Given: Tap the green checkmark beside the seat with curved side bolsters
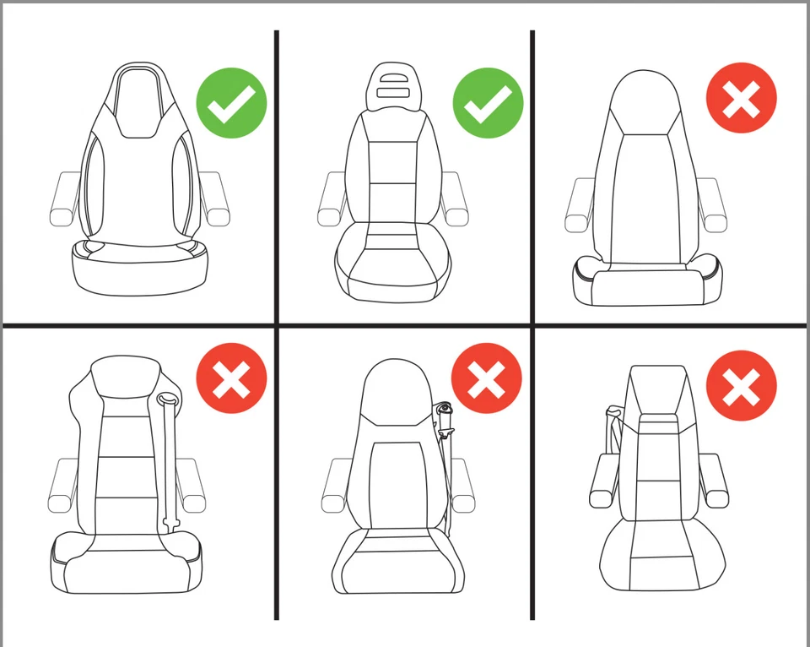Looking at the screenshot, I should pyautogui.click(x=231, y=104).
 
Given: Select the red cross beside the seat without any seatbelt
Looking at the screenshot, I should pyautogui.click(x=741, y=99).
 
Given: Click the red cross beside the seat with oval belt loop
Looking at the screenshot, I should pyautogui.click(x=231, y=378).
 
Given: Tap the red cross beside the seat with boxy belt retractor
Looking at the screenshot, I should pyautogui.click(x=487, y=378).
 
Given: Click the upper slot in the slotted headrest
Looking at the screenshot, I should pyautogui.click(x=393, y=78).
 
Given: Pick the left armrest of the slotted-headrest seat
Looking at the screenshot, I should pyautogui.click(x=332, y=198).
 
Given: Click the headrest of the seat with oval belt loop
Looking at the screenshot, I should pyautogui.click(x=125, y=377).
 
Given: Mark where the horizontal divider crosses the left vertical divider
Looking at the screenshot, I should pyautogui.click(x=276, y=324).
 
